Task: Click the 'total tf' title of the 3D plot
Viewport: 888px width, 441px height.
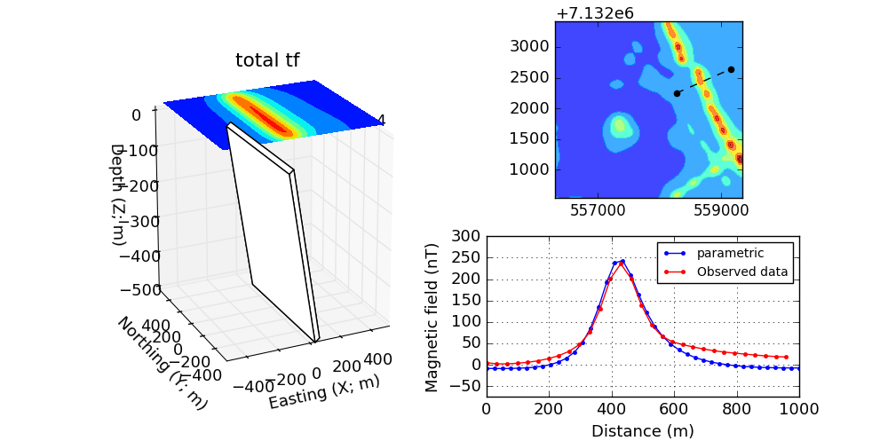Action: point(266,60)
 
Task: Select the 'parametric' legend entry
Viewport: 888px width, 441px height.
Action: point(730,253)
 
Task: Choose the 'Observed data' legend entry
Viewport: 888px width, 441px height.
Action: point(742,272)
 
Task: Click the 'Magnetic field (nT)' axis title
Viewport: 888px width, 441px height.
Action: point(432,317)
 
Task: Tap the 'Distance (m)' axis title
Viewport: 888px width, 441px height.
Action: point(642,431)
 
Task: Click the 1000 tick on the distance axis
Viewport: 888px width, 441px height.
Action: point(799,409)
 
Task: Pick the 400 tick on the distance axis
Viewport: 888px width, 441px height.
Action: point(611,409)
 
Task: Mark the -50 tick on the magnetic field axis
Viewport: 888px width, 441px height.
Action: point(468,386)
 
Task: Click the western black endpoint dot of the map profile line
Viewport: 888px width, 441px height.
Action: point(677,93)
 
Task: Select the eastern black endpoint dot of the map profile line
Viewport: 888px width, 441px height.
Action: point(731,69)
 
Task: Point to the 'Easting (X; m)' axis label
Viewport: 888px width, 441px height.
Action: point(324,390)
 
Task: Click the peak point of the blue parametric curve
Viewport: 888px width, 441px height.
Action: point(622,261)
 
